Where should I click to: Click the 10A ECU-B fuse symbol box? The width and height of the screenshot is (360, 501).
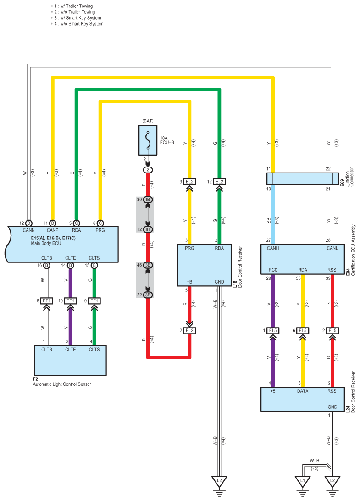point(148,140)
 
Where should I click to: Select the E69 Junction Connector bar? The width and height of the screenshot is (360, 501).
point(303,179)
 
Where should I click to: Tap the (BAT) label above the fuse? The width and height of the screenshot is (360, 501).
point(148,121)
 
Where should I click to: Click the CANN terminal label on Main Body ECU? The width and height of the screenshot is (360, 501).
point(29,230)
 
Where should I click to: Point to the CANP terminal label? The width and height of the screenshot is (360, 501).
point(53,230)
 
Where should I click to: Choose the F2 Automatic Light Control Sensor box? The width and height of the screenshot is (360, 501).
point(70,361)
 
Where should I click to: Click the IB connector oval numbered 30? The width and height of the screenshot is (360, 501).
point(148,200)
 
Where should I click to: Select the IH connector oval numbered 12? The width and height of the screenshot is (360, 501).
point(148,229)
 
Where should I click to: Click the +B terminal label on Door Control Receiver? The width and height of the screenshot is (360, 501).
point(189,282)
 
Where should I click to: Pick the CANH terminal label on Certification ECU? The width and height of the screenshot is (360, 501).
point(273,248)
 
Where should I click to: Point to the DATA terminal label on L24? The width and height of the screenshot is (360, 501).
point(303,391)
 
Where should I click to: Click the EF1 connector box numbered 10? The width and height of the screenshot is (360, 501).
point(70,301)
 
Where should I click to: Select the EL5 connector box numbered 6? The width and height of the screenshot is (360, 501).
point(303,330)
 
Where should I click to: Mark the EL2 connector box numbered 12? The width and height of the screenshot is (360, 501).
point(219,182)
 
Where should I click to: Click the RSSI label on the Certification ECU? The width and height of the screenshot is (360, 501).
point(332,270)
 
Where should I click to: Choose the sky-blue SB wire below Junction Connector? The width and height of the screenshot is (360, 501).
point(273,214)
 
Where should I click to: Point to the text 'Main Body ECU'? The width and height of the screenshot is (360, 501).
point(46,243)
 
